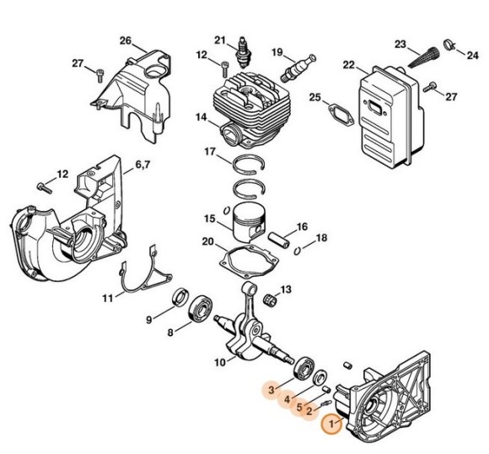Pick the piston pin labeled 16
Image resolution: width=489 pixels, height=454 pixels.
click(x=281, y=234)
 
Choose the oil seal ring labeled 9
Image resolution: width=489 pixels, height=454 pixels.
click(x=180, y=297)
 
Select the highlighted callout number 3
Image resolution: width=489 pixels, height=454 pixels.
click(x=271, y=390)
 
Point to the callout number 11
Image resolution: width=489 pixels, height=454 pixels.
click(x=108, y=298)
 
